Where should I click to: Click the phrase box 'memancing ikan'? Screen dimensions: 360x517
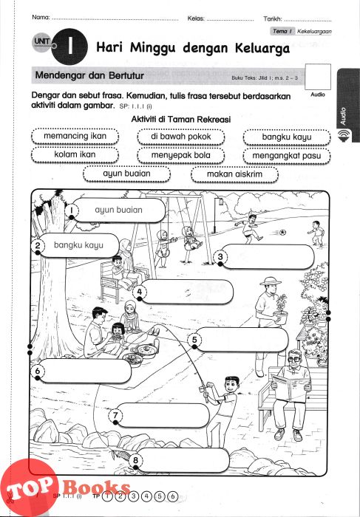point(75,136)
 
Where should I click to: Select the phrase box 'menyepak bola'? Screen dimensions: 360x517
point(181,155)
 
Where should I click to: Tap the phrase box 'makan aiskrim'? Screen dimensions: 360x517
point(234,174)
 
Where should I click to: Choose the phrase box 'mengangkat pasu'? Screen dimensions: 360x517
point(287,155)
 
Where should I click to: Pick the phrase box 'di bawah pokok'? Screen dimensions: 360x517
point(181,137)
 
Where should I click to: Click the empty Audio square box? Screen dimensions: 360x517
point(318,77)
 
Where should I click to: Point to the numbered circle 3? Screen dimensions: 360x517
point(220,256)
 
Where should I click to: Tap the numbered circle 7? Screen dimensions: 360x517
point(115,415)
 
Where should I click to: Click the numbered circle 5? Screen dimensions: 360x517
point(194,340)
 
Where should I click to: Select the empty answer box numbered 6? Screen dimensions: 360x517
point(85,371)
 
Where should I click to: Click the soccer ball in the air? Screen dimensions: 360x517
point(282,233)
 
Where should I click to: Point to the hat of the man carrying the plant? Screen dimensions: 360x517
point(271,281)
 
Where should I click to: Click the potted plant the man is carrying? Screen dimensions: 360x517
point(280,309)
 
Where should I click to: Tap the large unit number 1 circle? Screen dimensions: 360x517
point(69,47)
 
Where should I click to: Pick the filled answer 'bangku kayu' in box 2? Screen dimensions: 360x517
point(78,245)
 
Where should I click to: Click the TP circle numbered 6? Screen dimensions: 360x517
point(172,496)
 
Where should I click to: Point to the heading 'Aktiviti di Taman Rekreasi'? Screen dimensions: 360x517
point(181,119)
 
